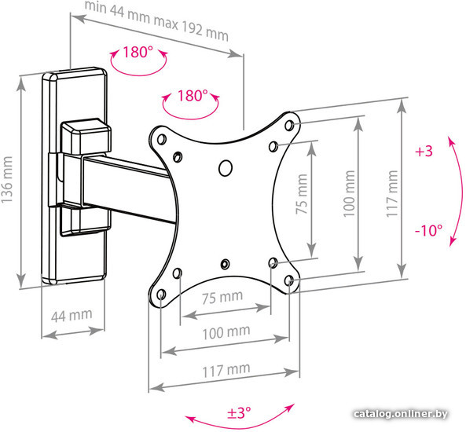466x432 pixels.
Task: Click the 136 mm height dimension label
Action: tap(7, 180)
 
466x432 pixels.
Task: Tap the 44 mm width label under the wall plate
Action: tap(72, 316)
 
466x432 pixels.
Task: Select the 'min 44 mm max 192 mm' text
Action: tap(156, 20)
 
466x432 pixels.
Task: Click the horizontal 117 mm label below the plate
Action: tap(226, 370)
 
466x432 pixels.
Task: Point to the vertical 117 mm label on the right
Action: tap(392, 193)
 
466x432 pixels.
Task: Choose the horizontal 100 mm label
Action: tap(226, 333)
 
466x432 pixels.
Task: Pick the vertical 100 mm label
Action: tap(349, 193)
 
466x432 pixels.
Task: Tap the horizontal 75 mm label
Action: tap(222, 297)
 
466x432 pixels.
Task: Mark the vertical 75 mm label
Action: tap(301, 194)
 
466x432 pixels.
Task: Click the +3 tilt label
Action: tap(424, 152)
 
